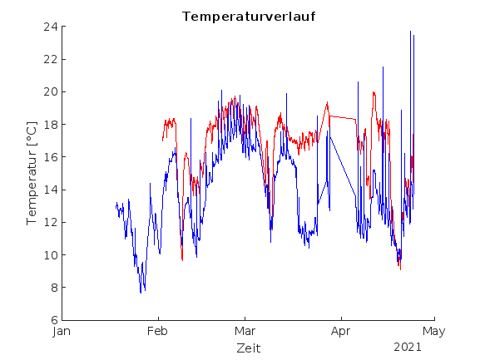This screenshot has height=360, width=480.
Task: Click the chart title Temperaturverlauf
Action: coord(249,17)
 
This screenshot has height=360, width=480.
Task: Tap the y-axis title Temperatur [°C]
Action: coord(32,173)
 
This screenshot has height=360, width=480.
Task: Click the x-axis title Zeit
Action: coord(248,348)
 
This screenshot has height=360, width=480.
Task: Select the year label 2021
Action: coord(408,346)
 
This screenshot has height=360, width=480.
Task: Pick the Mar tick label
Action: coord(245,331)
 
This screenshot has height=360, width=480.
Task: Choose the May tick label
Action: coord(433,331)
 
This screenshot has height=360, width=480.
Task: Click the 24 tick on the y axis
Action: coord(50,27)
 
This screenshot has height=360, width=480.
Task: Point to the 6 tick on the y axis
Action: coord(53,320)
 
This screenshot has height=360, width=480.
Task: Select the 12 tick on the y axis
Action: coord(50,222)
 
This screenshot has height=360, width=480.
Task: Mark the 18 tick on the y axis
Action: coord(50,125)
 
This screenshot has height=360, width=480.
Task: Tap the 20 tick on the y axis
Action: coord(50,91)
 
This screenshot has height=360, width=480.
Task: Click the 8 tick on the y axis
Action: coord(53,288)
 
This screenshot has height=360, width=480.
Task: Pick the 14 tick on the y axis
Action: coord(50,190)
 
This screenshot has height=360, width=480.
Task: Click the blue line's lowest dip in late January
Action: coord(141,293)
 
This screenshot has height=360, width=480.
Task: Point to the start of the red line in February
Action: coord(162,141)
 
